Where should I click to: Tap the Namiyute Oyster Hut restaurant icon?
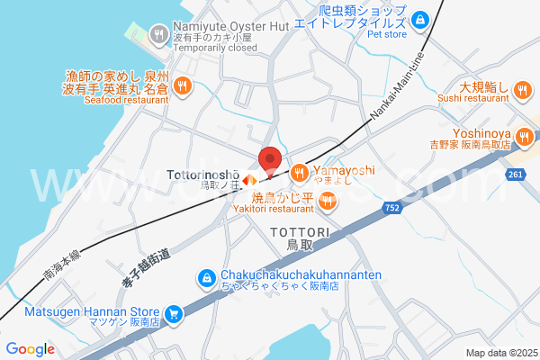(x=158, y=35)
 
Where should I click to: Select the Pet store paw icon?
(x=420, y=18)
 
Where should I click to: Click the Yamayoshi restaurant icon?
(x=299, y=171)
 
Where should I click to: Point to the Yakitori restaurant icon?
(x=328, y=203)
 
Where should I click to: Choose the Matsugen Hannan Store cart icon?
(x=174, y=314)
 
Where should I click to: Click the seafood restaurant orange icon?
(x=183, y=85)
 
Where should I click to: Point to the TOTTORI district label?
(x=300, y=231)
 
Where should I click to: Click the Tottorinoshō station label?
(x=203, y=170)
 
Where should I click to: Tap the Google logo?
(x=31, y=349)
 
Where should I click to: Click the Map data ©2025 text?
(x=500, y=353)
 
